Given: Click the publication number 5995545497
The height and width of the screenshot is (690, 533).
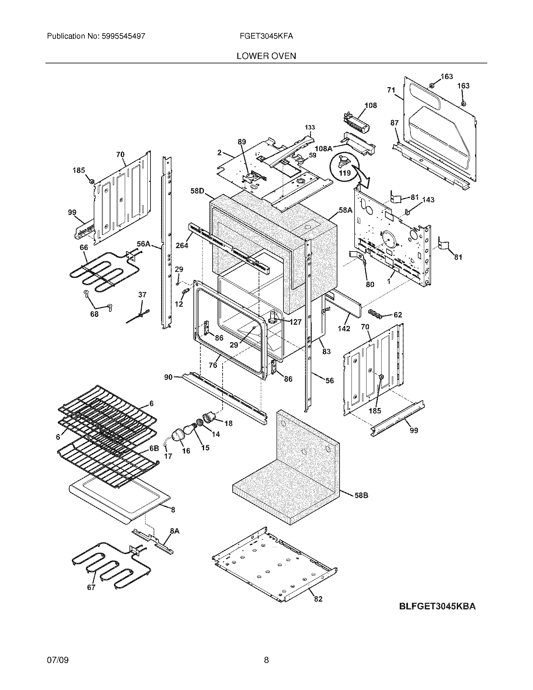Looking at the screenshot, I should (x=123, y=36).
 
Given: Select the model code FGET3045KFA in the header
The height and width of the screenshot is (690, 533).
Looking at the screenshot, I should (x=266, y=36).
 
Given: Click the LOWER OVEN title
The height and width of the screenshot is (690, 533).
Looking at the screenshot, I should (x=266, y=56).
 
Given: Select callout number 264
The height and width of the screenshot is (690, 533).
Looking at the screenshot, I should (x=182, y=245).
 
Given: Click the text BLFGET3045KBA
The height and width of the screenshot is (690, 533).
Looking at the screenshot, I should (x=437, y=606).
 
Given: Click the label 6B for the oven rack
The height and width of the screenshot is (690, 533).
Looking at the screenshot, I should (x=154, y=449).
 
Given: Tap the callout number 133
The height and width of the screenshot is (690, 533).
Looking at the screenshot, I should (x=310, y=127).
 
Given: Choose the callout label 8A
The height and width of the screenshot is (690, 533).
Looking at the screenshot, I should (x=174, y=531).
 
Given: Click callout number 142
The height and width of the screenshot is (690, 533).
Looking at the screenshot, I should (x=344, y=329).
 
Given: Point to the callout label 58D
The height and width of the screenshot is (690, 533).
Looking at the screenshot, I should (x=198, y=191).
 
